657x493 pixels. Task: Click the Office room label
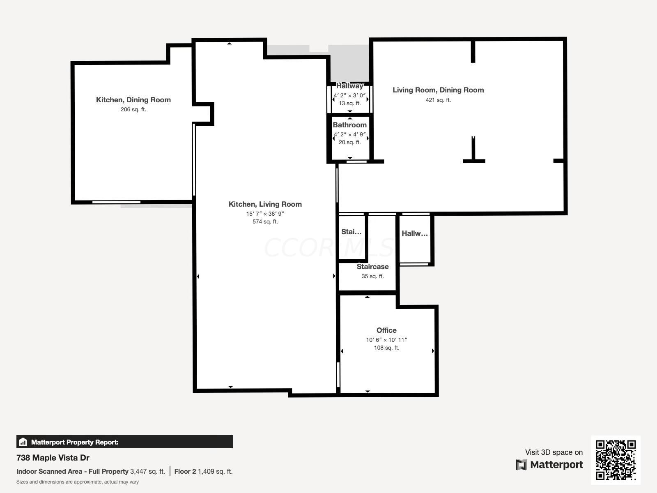[x=386, y=330]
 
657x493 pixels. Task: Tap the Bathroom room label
[x=349, y=125]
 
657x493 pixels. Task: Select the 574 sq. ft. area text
[x=265, y=222]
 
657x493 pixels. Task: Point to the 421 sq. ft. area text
[x=438, y=100]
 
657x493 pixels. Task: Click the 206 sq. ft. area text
[x=133, y=110]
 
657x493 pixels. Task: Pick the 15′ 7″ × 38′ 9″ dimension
[x=265, y=214]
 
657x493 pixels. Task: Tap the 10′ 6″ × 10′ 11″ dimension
[x=386, y=340]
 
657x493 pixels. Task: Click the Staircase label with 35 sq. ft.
[x=372, y=267]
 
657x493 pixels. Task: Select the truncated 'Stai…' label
[x=351, y=232]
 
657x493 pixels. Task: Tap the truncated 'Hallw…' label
[x=414, y=233]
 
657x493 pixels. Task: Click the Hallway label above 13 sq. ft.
[x=349, y=86]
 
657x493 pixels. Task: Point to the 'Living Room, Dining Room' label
[x=438, y=90]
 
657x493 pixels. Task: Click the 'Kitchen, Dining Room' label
[x=133, y=100]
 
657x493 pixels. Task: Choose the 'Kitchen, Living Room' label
[x=265, y=204]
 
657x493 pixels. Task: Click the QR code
[x=616, y=460]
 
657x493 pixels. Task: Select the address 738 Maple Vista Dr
[x=53, y=458]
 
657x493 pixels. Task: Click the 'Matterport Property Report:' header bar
[x=124, y=442]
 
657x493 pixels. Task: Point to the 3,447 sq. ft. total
[x=147, y=472]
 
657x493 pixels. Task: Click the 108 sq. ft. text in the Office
[x=386, y=348]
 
